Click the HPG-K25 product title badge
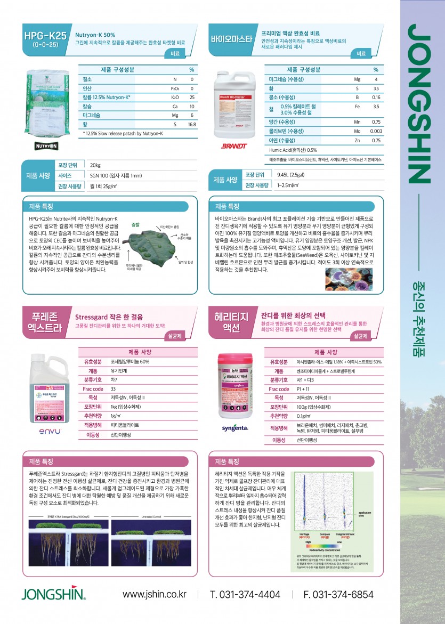coord(45,39)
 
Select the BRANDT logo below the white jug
coord(234,145)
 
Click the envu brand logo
coord(49,431)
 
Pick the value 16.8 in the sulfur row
coord(192,124)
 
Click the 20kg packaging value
coord(96,165)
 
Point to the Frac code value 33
coord(114,389)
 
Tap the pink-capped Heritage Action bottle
coord(235,385)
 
